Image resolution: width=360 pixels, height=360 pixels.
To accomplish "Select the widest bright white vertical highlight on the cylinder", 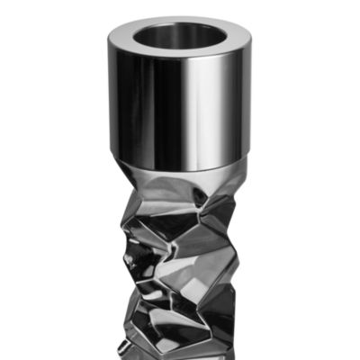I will coord(201,108).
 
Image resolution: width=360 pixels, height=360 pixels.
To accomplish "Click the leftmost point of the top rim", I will coord(107,40).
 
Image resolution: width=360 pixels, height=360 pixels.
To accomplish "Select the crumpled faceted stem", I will coord(180,261).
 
